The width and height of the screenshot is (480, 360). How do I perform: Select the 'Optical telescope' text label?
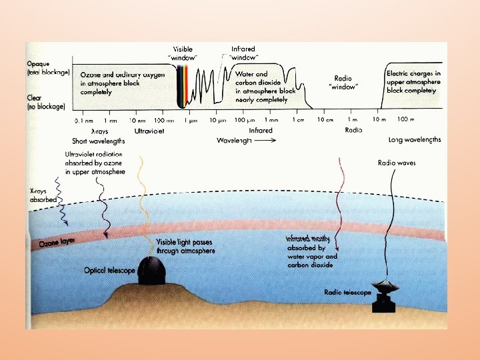tap(109, 271)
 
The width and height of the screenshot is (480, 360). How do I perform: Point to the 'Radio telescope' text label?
tap(347, 292)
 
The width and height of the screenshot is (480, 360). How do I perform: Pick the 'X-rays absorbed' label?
tap(43, 195)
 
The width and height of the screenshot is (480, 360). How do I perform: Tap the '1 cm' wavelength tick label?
tap(297, 120)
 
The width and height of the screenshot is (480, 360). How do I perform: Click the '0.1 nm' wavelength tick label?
tap(83, 121)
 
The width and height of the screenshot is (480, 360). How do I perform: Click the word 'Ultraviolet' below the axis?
tap(149, 131)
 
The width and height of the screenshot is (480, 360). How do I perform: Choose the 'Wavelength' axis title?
tap(234, 141)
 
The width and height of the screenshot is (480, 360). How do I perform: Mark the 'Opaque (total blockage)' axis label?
tap(47, 67)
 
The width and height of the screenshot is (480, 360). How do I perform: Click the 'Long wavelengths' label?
tap(414, 140)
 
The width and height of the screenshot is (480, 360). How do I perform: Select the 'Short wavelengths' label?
tap(98, 141)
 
